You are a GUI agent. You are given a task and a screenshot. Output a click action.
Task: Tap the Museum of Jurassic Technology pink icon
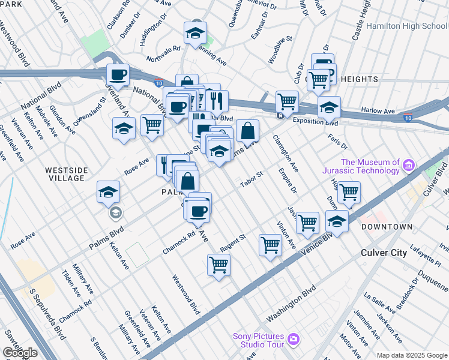pos(409,164)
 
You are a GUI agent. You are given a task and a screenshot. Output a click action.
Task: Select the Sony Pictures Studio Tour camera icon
pos(293,339)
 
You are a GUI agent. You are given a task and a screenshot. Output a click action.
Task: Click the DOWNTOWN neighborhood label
pos(387,227)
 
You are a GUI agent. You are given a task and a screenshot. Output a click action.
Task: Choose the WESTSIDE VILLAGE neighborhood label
pos(65,174)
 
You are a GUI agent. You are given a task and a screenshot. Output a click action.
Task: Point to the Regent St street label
pos(234,242)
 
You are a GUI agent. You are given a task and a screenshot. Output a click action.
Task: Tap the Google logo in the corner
pos(20,353)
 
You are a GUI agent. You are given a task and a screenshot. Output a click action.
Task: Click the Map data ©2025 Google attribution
pos(412,355)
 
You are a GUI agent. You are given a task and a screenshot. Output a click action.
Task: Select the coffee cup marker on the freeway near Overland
pos(118,75)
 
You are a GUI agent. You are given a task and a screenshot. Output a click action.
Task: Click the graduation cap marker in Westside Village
pos(109,192)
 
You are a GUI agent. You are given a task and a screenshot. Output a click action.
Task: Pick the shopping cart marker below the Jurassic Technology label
pos(349,193)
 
